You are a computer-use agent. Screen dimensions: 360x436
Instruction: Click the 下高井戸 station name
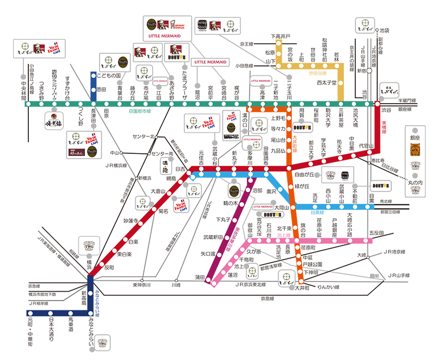(x=281, y=37)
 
